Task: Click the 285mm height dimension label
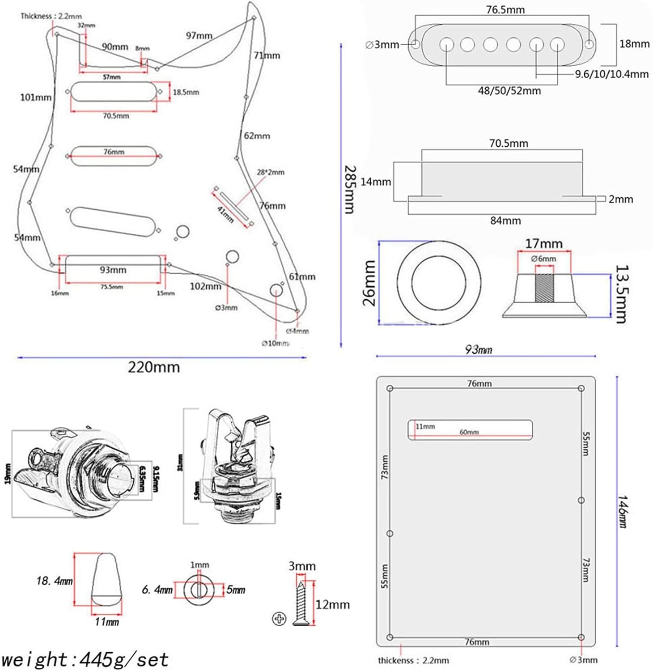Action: (350, 190)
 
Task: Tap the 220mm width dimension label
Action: (154, 367)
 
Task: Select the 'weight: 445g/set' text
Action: (85, 659)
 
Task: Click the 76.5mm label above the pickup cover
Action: (505, 9)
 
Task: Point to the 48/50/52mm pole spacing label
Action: (509, 91)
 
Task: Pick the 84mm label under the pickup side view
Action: (505, 221)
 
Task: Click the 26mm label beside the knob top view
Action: (369, 283)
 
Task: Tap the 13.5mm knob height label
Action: (622, 294)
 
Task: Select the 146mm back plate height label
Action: (623, 511)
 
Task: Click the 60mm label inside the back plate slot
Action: (469, 432)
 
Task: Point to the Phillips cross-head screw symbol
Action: (279, 619)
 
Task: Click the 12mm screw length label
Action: (333, 605)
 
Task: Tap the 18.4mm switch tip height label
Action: (55, 581)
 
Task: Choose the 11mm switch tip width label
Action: (107, 622)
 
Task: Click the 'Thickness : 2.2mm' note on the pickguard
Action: (51, 16)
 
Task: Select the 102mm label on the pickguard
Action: (205, 286)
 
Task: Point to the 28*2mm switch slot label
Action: (271, 172)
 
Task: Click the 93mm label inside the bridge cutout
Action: (113, 270)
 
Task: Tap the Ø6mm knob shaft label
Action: (543, 259)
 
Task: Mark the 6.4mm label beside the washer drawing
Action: (157, 590)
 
